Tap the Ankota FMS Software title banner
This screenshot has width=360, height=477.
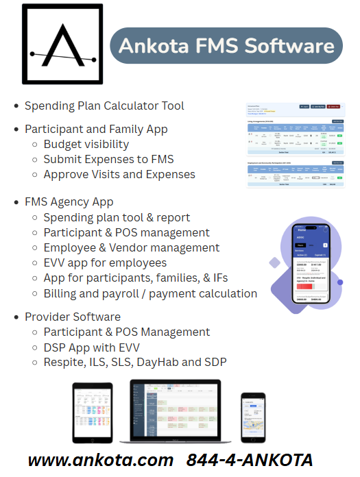coord(226,46)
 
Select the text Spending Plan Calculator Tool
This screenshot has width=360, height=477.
coord(104,106)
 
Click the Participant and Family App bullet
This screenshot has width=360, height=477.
coord(96,129)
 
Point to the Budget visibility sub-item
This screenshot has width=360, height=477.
coord(86,144)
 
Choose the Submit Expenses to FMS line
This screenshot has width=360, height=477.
coord(108,159)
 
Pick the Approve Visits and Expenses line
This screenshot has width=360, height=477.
coord(119,174)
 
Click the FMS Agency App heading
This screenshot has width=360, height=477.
coord(69,202)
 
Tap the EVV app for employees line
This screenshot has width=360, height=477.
coord(105,262)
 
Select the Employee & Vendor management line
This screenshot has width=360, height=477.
coord(132,247)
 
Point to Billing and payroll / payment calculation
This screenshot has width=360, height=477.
coord(150,293)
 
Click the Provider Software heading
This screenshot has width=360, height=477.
coord(73,317)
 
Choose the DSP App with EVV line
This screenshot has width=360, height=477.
coord(93,347)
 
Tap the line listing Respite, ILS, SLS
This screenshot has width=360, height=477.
coord(135,362)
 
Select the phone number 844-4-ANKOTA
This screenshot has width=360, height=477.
coord(250,459)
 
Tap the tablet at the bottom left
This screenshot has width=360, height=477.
coord(92,411)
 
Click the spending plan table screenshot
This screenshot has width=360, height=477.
coord(295,146)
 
